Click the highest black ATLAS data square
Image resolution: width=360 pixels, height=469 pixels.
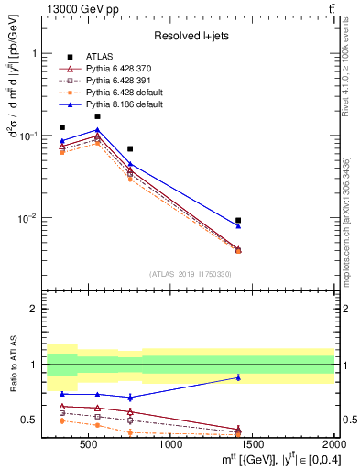click(x=97, y=116)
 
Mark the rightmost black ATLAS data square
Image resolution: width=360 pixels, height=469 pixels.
click(x=238, y=220)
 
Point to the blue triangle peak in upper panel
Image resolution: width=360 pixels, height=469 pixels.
click(x=97, y=130)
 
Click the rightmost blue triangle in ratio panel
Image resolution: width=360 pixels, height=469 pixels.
click(x=238, y=377)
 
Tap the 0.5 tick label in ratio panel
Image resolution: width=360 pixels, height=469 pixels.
click(x=32, y=420)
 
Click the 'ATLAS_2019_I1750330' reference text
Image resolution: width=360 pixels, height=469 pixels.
click(x=189, y=274)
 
